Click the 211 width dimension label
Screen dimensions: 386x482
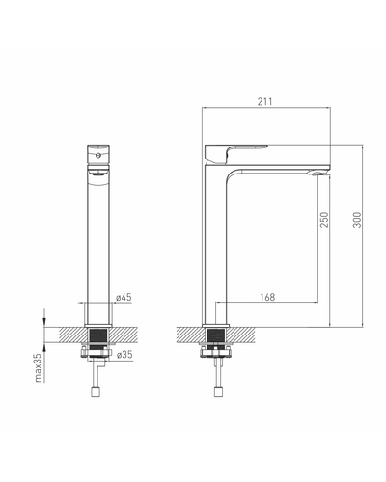(264, 101)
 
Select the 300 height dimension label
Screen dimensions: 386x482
(357, 220)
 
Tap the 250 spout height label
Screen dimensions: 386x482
(324, 220)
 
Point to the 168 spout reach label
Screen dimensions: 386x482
(267, 297)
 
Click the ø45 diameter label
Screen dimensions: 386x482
(124, 297)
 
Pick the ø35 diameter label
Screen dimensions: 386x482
(124, 355)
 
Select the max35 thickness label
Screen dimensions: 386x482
(39, 368)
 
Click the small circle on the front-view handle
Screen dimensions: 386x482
(98, 156)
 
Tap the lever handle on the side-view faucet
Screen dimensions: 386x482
(236, 153)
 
